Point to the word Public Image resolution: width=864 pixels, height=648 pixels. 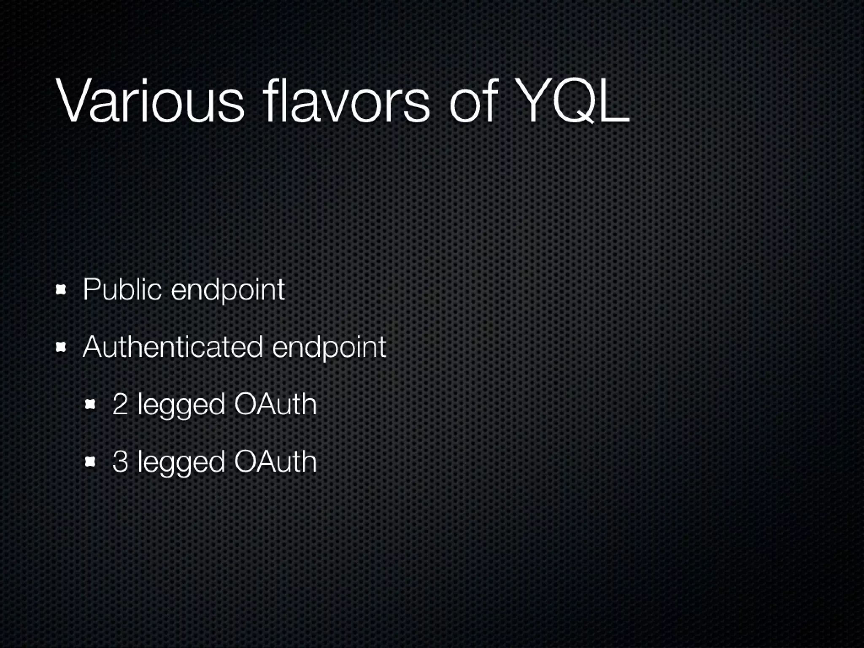coord(122,290)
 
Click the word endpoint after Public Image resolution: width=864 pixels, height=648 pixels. coord(228,291)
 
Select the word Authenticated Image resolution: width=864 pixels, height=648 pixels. coord(173,347)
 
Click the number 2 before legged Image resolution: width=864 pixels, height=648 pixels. coord(120,404)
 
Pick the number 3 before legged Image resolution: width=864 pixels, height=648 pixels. coord(120,462)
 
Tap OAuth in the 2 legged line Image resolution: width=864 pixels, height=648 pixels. coord(275,404)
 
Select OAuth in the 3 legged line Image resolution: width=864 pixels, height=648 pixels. coord(275,462)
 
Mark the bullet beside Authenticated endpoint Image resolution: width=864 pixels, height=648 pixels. coord(62,347)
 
